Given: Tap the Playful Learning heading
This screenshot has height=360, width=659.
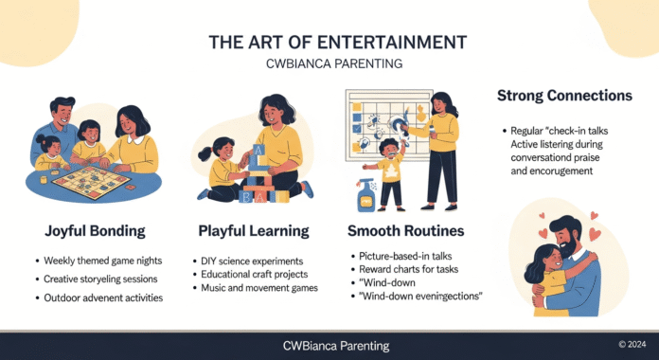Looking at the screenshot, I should [x=253, y=230].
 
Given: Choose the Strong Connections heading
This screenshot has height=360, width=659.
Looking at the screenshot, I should [x=565, y=97].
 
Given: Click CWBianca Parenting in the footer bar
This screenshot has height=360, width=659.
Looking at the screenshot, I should [x=329, y=346].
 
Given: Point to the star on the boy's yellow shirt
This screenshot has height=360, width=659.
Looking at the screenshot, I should [x=389, y=175].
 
